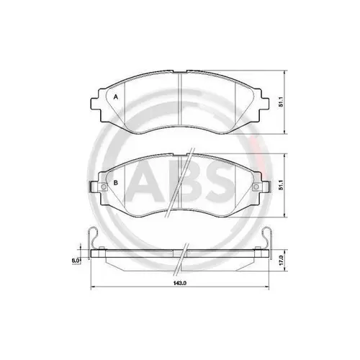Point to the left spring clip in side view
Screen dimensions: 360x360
(89, 239)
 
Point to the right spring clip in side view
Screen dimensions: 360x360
(271, 239)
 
